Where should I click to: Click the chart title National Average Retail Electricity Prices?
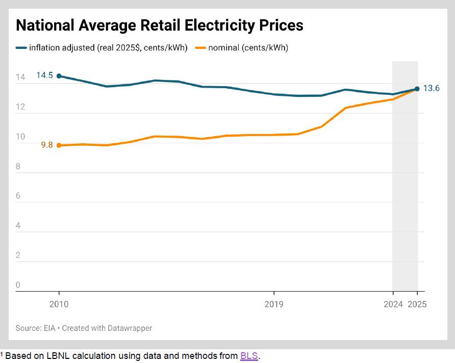[159, 25]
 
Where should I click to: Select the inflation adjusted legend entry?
[102, 48]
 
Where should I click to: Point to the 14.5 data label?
[44, 75]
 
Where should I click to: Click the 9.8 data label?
[47, 145]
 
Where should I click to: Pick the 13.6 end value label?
[432, 88]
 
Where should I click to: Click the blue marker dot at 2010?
[59, 76]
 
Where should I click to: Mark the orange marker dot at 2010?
[59, 145]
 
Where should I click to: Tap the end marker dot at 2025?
[417, 89]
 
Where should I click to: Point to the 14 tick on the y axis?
[20, 77]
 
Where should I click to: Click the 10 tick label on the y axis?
[20, 137]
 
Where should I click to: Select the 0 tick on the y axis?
[18, 285]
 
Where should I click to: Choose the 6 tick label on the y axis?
[18, 196]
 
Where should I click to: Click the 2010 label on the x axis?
[59, 304]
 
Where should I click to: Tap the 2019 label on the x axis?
[274, 304]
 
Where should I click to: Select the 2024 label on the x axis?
[392, 304]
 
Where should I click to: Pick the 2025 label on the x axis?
[417, 304]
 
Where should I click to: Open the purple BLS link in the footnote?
[249, 356]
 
